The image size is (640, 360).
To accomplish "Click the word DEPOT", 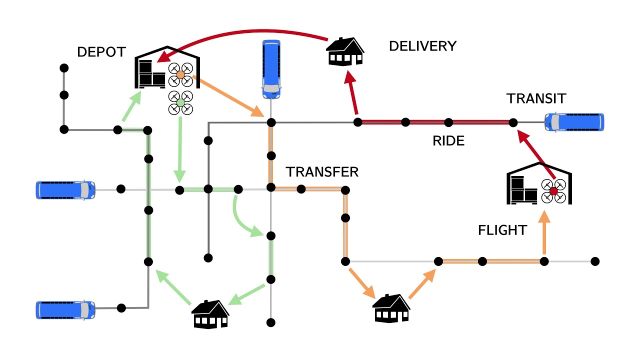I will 101,52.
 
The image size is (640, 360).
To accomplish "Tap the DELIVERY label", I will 422,46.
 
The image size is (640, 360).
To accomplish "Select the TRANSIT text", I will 536,98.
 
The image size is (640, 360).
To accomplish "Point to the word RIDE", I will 448,141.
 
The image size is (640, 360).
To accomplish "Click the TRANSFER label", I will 322,172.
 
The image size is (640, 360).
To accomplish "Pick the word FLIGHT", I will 502,230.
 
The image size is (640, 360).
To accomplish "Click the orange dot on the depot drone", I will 180,74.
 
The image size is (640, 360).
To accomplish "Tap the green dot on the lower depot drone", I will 180,103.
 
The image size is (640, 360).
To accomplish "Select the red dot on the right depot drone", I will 553,191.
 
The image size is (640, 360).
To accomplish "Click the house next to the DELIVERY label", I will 345,51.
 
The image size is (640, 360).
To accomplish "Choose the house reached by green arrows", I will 210,314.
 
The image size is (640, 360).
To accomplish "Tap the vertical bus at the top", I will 271,69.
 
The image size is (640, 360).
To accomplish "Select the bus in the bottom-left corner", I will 65,310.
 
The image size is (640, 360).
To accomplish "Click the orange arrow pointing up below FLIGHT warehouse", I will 544,235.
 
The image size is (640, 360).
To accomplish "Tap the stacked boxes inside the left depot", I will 151,73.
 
